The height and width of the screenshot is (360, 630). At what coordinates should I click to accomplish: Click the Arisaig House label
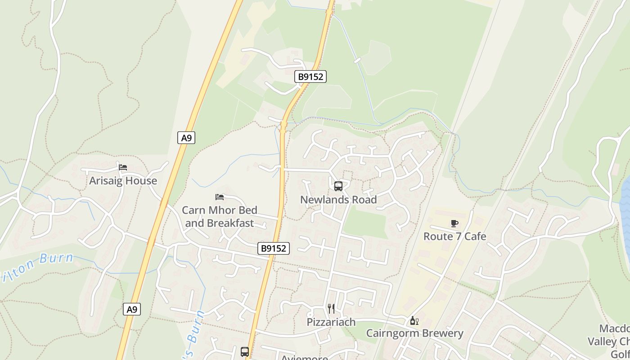point(123,181)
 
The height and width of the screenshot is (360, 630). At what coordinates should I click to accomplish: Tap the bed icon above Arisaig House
point(123,167)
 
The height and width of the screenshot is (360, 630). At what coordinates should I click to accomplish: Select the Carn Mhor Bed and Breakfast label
point(220,216)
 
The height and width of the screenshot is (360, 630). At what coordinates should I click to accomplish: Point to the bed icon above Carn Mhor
point(220,197)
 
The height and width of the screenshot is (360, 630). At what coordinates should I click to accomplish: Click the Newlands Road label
point(338,200)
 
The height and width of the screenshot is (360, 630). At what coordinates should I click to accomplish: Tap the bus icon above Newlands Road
point(338,186)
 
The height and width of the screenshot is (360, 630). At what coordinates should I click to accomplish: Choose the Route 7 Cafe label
point(454,236)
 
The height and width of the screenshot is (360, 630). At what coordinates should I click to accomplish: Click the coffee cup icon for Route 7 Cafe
point(454,223)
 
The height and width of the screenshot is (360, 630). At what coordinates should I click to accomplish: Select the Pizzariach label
point(331,322)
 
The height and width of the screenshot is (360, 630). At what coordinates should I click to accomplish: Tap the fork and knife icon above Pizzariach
point(331,308)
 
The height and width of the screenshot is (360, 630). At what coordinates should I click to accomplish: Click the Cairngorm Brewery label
point(414,333)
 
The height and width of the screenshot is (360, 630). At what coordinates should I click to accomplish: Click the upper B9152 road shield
point(310,76)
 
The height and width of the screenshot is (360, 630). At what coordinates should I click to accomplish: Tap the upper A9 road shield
point(186,138)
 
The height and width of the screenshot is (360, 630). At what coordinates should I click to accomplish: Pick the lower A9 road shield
point(131,309)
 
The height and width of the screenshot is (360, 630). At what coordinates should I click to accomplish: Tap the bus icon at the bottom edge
point(245,352)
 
